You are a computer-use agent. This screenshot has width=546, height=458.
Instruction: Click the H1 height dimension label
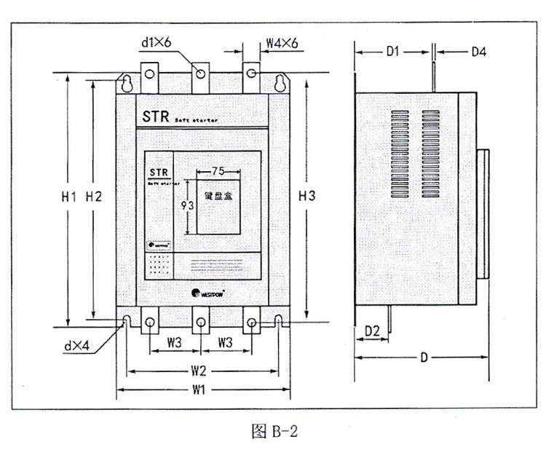tap(70, 196)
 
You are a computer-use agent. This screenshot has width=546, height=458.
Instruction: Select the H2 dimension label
tap(94, 196)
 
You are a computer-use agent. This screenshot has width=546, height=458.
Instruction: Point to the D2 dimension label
tap(372, 331)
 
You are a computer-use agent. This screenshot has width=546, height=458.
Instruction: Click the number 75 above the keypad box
tap(217, 171)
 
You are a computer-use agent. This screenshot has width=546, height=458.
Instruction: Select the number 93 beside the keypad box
tap(186, 206)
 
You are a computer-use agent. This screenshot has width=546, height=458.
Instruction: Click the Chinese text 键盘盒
tap(217, 196)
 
